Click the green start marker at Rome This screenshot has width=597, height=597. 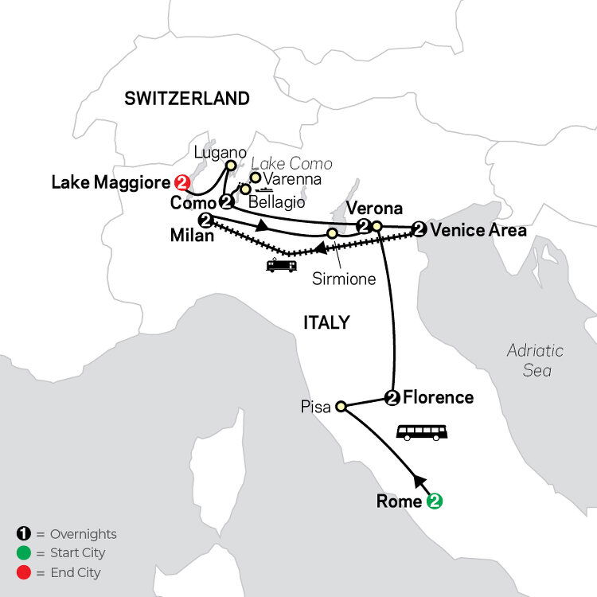(x=434, y=501)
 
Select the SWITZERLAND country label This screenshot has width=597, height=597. (x=187, y=99)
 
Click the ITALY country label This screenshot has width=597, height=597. (x=326, y=322)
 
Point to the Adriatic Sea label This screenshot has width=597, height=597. (x=535, y=360)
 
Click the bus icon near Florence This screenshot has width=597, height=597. (x=421, y=432)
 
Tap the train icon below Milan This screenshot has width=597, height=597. (x=282, y=264)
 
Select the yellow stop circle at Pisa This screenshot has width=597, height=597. (x=341, y=406)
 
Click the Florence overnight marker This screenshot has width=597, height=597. (x=391, y=398)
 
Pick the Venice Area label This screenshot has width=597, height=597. (x=478, y=231)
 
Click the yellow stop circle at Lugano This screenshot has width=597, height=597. (x=230, y=166)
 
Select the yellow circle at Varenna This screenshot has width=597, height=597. (x=256, y=177)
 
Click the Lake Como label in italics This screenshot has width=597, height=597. (x=298, y=163)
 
